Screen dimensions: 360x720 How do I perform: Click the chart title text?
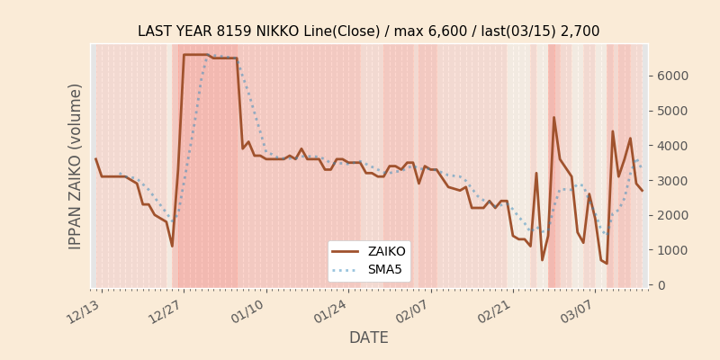(368, 31)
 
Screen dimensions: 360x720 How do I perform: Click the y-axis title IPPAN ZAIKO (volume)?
(76, 166)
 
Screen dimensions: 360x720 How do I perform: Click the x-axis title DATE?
(368, 338)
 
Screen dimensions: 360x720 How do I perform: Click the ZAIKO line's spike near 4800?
(553, 118)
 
